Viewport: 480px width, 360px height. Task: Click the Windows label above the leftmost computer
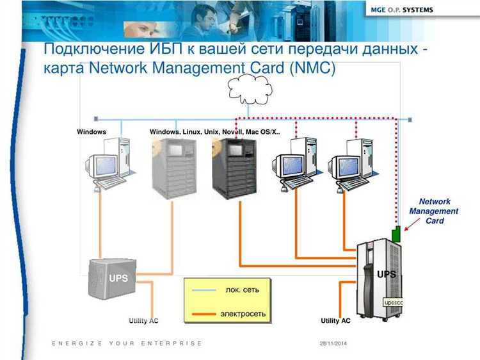coord(92,132)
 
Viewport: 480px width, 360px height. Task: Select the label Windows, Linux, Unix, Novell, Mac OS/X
coord(214,132)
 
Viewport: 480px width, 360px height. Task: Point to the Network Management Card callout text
coord(434,211)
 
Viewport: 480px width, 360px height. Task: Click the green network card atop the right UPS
coord(397,234)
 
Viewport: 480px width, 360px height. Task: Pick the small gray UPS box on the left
coord(113,277)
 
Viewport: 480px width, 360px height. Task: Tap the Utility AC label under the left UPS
coord(143,320)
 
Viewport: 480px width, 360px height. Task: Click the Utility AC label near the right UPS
coord(335,320)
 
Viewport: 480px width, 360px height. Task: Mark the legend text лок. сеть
coord(243,290)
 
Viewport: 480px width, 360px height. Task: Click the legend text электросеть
coord(243,314)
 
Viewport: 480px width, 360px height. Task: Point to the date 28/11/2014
coord(333,344)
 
